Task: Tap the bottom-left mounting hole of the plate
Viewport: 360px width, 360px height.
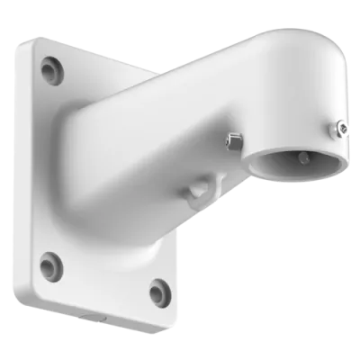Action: (52, 264)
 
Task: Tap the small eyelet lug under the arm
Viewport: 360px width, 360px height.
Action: (196, 189)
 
